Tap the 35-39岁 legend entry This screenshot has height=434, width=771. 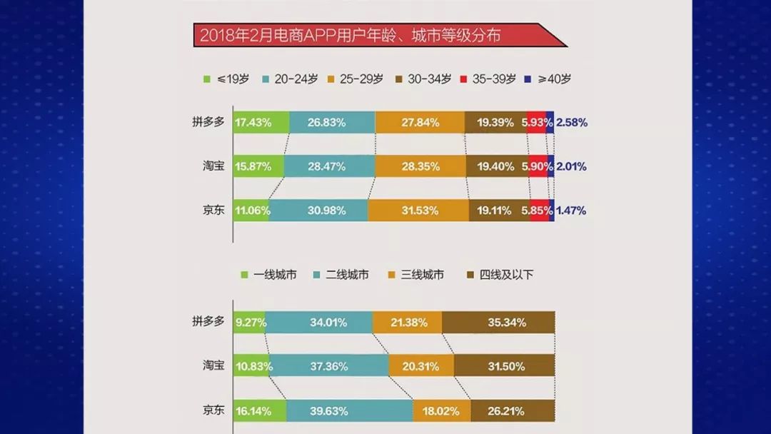[x=488, y=79]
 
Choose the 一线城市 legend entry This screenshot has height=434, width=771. [x=268, y=274]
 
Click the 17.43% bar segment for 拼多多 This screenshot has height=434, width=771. [x=261, y=122]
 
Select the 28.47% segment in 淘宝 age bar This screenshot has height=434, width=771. [x=328, y=166]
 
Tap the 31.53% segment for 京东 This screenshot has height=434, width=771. [x=418, y=211]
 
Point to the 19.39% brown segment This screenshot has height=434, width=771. [x=495, y=122]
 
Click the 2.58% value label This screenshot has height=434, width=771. [x=572, y=122]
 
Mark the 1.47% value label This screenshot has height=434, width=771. [x=571, y=211]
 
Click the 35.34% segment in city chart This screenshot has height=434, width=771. [x=498, y=323]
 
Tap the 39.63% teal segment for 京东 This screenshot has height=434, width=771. [x=349, y=411]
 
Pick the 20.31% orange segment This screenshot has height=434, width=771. [x=421, y=366]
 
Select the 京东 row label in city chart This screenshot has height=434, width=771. [x=213, y=410]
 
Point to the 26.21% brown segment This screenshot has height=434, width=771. [x=513, y=411]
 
